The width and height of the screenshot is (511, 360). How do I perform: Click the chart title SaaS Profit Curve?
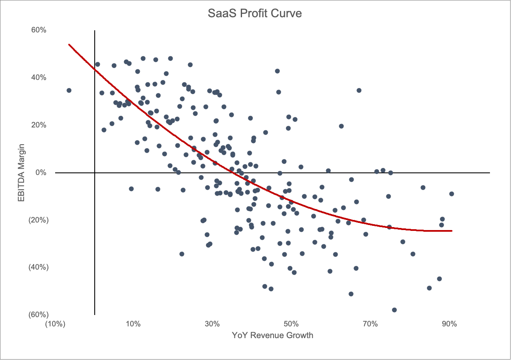tap(255, 13)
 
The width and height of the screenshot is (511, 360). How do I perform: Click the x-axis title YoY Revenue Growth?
tap(272, 335)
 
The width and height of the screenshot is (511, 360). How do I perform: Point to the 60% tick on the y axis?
tap(38, 30)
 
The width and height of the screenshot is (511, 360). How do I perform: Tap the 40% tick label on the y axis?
tap(38, 77)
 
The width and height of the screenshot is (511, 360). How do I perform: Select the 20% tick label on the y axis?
tap(38, 125)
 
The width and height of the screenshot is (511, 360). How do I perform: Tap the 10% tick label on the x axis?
tap(133, 324)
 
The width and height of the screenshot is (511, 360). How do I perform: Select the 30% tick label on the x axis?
tap(212, 324)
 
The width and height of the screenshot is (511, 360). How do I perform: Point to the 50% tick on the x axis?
tap(291, 324)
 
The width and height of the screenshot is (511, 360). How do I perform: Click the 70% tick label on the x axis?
tap(370, 324)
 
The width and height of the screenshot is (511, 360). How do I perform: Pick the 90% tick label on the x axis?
tap(449, 324)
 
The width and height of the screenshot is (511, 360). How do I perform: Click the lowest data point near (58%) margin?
tap(394, 310)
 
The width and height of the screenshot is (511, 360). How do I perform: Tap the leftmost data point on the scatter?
tap(69, 90)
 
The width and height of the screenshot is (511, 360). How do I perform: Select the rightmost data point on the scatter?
tap(452, 194)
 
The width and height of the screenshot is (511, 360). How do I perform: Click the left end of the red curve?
tap(69, 44)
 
